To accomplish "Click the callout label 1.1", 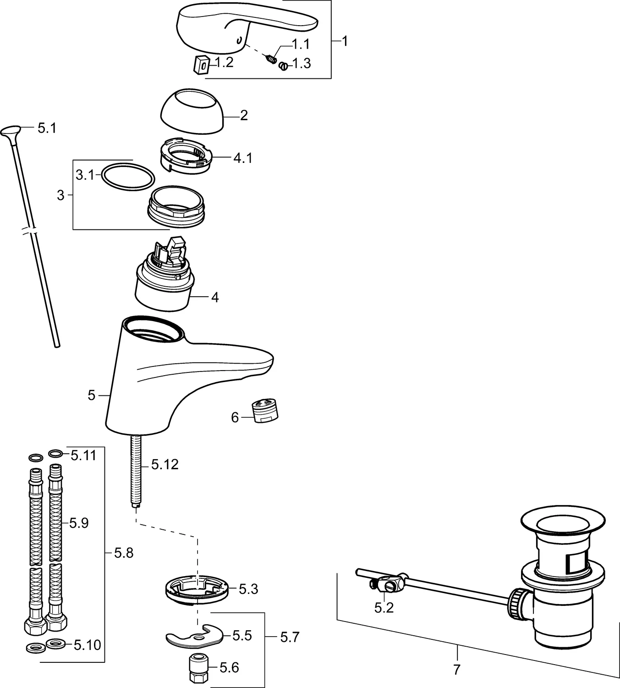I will [x=301, y=44].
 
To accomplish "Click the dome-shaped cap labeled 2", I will [x=192, y=111].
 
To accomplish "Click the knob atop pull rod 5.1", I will [x=11, y=132].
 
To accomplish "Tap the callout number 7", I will [x=456, y=669].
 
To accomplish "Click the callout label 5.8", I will [x=123, y=553].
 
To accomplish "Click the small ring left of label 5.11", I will [x=55, y=454].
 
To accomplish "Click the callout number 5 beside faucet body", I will [x=91, y=395].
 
